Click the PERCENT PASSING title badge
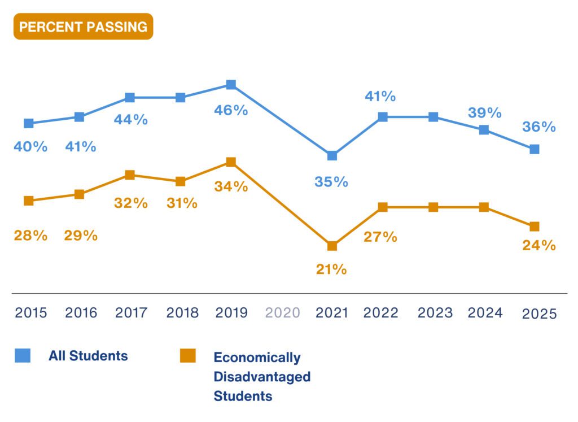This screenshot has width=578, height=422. (83, 27)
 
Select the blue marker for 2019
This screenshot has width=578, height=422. (231, 85)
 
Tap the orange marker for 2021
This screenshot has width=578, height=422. (332, 246)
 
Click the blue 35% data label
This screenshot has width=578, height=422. (331, 182)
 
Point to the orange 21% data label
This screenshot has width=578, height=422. (331, 269)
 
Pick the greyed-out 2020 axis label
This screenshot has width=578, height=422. (282, 313)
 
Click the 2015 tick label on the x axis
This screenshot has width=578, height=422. (31, 313)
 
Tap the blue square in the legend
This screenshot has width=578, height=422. (23, 355)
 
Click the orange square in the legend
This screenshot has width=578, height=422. (188, 355)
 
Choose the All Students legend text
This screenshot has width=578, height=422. (88, 356)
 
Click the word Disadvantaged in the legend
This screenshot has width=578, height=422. (262, 376)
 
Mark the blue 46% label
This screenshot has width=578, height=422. (231, 110)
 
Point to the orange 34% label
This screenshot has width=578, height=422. (231, 186)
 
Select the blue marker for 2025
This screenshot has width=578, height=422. (534, 149)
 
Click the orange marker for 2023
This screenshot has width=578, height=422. (433, 207)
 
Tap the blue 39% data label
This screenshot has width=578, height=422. (484, 113)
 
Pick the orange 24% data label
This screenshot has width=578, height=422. (539, 246)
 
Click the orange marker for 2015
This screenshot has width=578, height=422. (29, 201)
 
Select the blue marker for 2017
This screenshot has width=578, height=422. (130, 98)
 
